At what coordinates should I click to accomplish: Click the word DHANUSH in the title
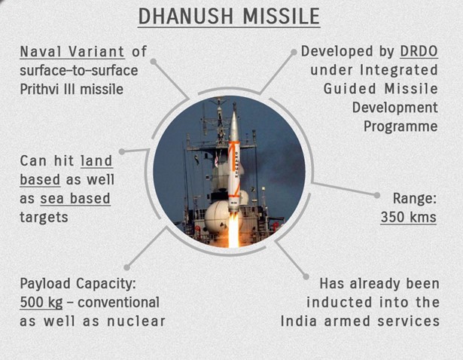tap(185, 16)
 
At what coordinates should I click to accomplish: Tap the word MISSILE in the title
tap(282, 16)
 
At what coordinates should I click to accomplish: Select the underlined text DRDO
tap(419, 51)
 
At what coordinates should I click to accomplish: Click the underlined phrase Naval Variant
tap(72, 52)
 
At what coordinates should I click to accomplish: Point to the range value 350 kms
tap(408, 217)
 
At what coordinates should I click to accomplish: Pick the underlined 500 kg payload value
tap(41, 303)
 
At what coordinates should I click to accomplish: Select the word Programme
tap(401, 127)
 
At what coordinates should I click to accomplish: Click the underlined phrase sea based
tap(75, 199)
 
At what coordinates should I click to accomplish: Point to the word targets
tap(44, 218)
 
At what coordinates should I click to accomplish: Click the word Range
tap(414, 198)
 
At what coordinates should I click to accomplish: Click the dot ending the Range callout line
tap(376, 195)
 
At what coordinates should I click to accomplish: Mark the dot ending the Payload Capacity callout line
tap(126, 267)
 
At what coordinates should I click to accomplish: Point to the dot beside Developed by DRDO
tap(294, 52)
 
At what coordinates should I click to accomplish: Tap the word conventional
tap(118, 303)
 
